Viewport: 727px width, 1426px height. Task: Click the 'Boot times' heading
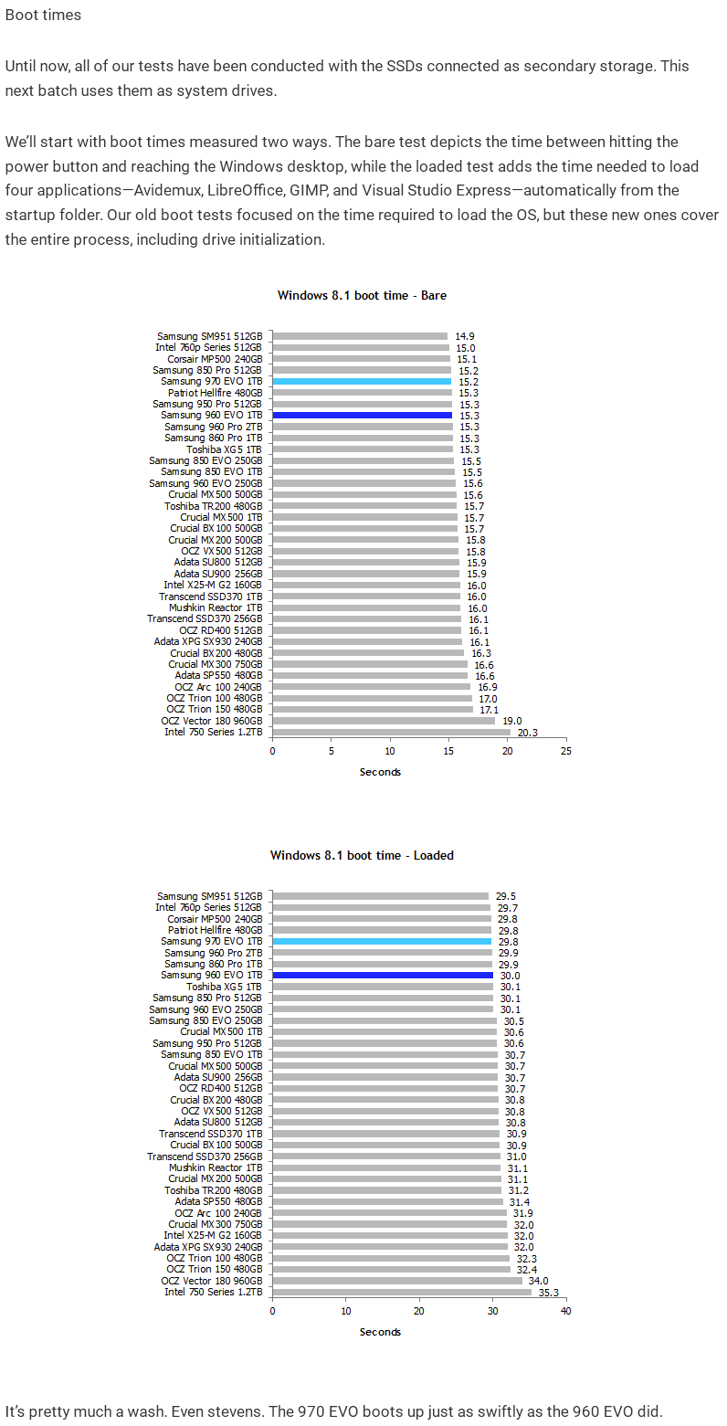43,15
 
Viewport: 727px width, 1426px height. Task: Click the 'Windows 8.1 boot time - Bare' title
362,295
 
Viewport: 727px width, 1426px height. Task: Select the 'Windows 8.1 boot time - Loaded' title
362,855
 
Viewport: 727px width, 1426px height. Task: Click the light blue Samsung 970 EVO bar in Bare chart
362,382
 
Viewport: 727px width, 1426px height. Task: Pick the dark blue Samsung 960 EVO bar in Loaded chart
383,976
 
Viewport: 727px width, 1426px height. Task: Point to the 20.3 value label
528,733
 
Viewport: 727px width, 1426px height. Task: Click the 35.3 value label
548,1293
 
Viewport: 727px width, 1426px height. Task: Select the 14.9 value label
464,336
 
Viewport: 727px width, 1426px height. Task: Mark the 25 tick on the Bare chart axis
566,751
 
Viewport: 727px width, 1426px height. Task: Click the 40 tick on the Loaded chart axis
566,1311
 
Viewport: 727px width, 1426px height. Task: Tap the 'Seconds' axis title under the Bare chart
380,772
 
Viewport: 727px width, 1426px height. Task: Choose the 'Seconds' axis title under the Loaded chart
380,1332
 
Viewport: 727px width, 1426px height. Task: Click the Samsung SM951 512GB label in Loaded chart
209,896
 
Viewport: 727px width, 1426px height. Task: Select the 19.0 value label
512,721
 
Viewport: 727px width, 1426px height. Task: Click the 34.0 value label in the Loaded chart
539,1281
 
